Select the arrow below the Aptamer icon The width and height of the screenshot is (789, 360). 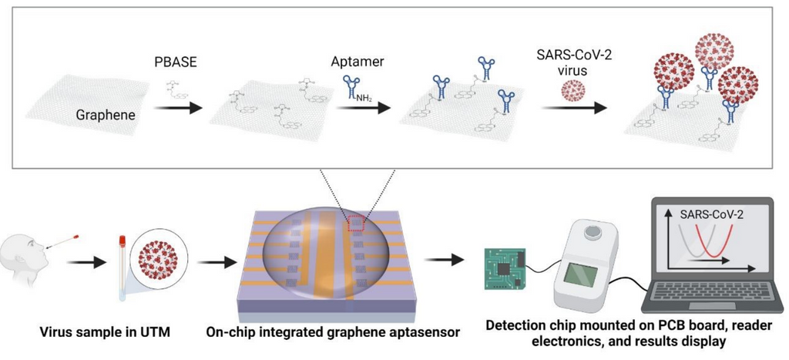coord(362,109)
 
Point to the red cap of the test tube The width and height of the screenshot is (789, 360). coord(122,244)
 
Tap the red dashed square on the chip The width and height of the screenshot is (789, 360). coord(355,224)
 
